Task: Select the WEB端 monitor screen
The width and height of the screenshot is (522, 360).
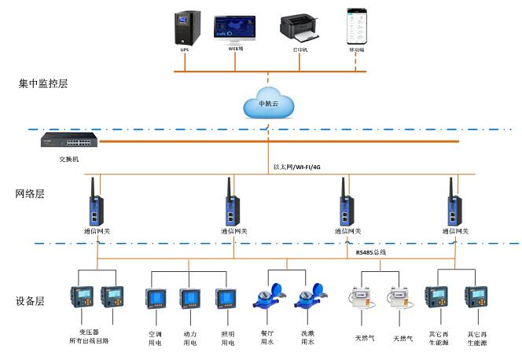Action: tap(234, 28)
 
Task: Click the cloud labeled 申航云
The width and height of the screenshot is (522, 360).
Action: tap(268, 104)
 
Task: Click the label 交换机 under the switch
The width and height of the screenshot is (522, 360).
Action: tap(69, 160)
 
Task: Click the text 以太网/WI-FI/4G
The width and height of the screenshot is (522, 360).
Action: tap(299, 167)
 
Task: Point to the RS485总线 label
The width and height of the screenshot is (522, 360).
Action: tap(370, 253)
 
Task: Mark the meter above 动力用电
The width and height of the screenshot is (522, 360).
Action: tap(190, 299)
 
